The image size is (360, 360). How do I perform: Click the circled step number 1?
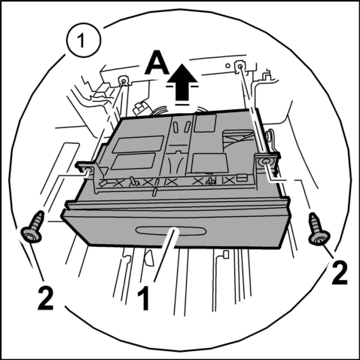(x=84, y=40)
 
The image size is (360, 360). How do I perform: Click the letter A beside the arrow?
(x=157, y=62)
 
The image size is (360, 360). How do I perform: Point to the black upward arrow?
(x=182, y=82)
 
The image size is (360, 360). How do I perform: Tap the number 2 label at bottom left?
(x=45, y=299)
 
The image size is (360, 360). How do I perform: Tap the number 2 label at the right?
(x=340, y=273)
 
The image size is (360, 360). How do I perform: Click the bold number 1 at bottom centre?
(x=144, y=299)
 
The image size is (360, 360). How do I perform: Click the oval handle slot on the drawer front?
(x=171, y=230)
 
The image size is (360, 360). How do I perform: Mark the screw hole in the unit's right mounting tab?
(x=264, y=162)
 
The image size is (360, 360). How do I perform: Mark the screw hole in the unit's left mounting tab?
(x=88, y=171)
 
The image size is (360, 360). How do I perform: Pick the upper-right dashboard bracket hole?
(x=239, y=66)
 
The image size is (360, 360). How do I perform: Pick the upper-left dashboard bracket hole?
(x=124, y=81)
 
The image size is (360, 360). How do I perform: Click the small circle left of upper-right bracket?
(x=227, y=66)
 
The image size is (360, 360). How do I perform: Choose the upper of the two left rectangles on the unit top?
(x=138, y=144)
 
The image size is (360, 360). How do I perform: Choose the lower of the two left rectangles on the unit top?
(x=133, y=161)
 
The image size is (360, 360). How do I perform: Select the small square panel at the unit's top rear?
(x=206, y=124)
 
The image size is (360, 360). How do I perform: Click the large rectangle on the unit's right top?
(x=209, y=163)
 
